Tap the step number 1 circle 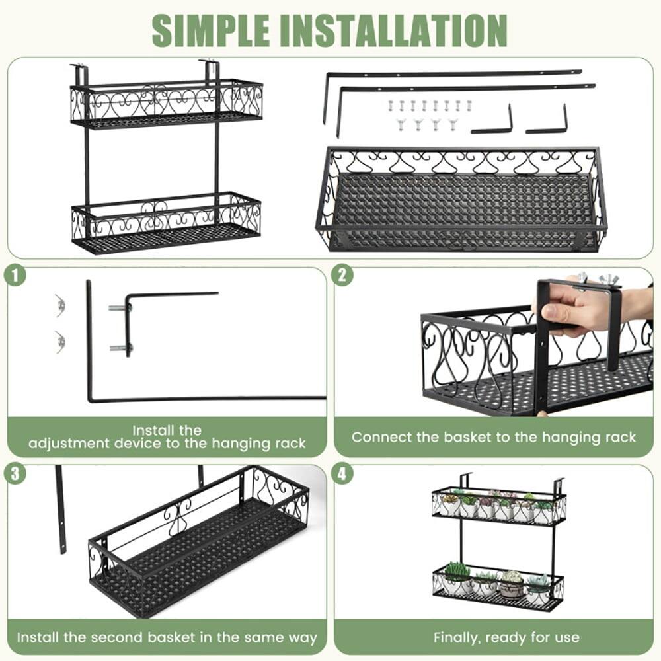pyautogui.click(x=14, y=276)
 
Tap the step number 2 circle pyautogui.click(x=342, y=276)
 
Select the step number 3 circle pyautogui.click(x=14, y=473)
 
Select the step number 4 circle pyautogui.click(x=342, y=473)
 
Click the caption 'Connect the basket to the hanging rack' pyautogui.click(x=494, y=437)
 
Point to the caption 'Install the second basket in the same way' pyautogui.click(x=167, y=638)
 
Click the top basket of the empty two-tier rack pyautogui.click(x=167, y=104)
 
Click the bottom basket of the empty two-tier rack pyautogui.click(x=167, y=223)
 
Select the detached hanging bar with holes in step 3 pyautogui.click(x=60, y=509)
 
